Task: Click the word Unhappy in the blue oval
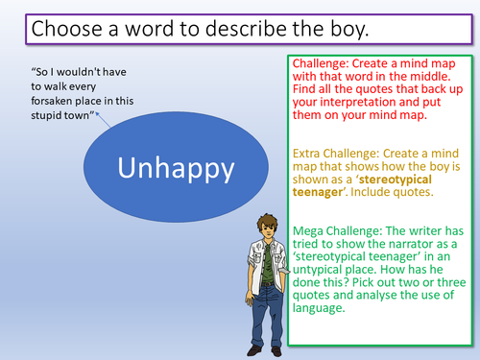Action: (177, 169)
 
